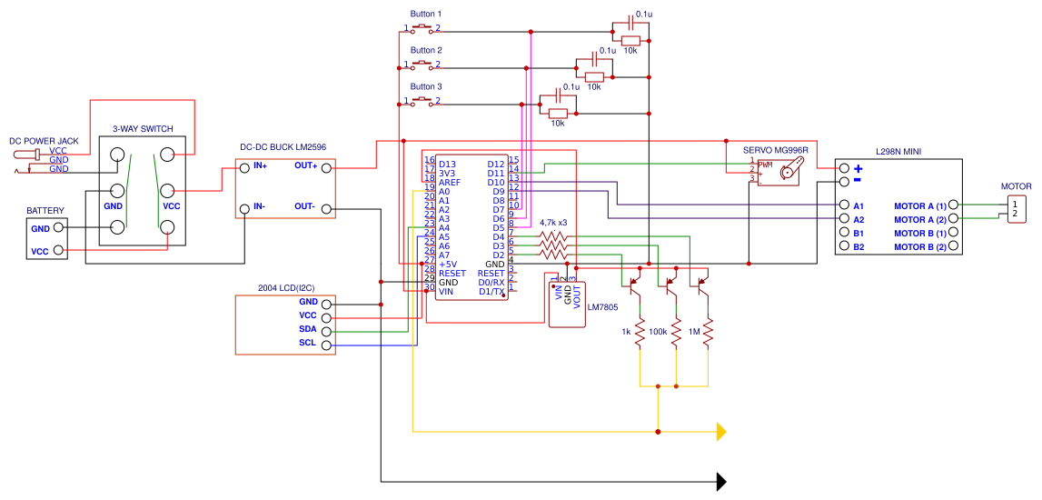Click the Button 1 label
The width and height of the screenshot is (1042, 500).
[425, 15]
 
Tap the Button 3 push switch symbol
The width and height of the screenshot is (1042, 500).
[422, 100]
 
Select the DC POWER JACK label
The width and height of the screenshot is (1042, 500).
[44, 141]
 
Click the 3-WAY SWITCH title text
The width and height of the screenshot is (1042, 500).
[143, 129]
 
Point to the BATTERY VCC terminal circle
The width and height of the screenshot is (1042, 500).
[59, 250]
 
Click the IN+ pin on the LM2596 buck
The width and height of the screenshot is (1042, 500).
[259, 165]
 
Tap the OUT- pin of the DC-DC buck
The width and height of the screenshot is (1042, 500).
[304, 206]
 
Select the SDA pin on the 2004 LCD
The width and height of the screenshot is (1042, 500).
[308, 329]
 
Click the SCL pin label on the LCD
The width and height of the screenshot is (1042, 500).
[308, 343]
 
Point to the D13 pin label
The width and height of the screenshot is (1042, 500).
[447, 165]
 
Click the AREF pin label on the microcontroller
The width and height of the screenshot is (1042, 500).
[449, 183]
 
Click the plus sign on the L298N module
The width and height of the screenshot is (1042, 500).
[858, 168]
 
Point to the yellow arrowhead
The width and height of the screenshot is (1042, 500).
[721, 431]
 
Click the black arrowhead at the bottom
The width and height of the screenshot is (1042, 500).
[721, 481]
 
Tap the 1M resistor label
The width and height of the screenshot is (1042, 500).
[695, 332]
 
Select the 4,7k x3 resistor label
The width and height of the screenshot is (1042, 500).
[553, 223]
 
